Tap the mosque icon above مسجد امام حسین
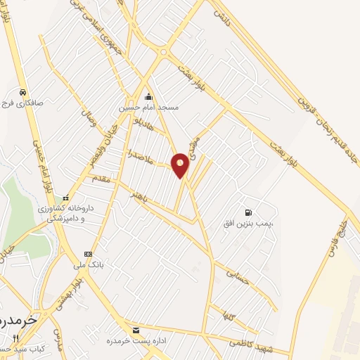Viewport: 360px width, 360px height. [148, 97]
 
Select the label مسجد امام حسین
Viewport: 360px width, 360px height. [148, 108]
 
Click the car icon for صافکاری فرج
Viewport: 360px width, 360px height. [23, 92]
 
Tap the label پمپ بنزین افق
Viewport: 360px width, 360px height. [252, 223]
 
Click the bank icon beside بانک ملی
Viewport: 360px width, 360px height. [88, 254]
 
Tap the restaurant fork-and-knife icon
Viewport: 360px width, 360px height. [15, 338]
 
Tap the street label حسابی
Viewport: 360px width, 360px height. [232, 270]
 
